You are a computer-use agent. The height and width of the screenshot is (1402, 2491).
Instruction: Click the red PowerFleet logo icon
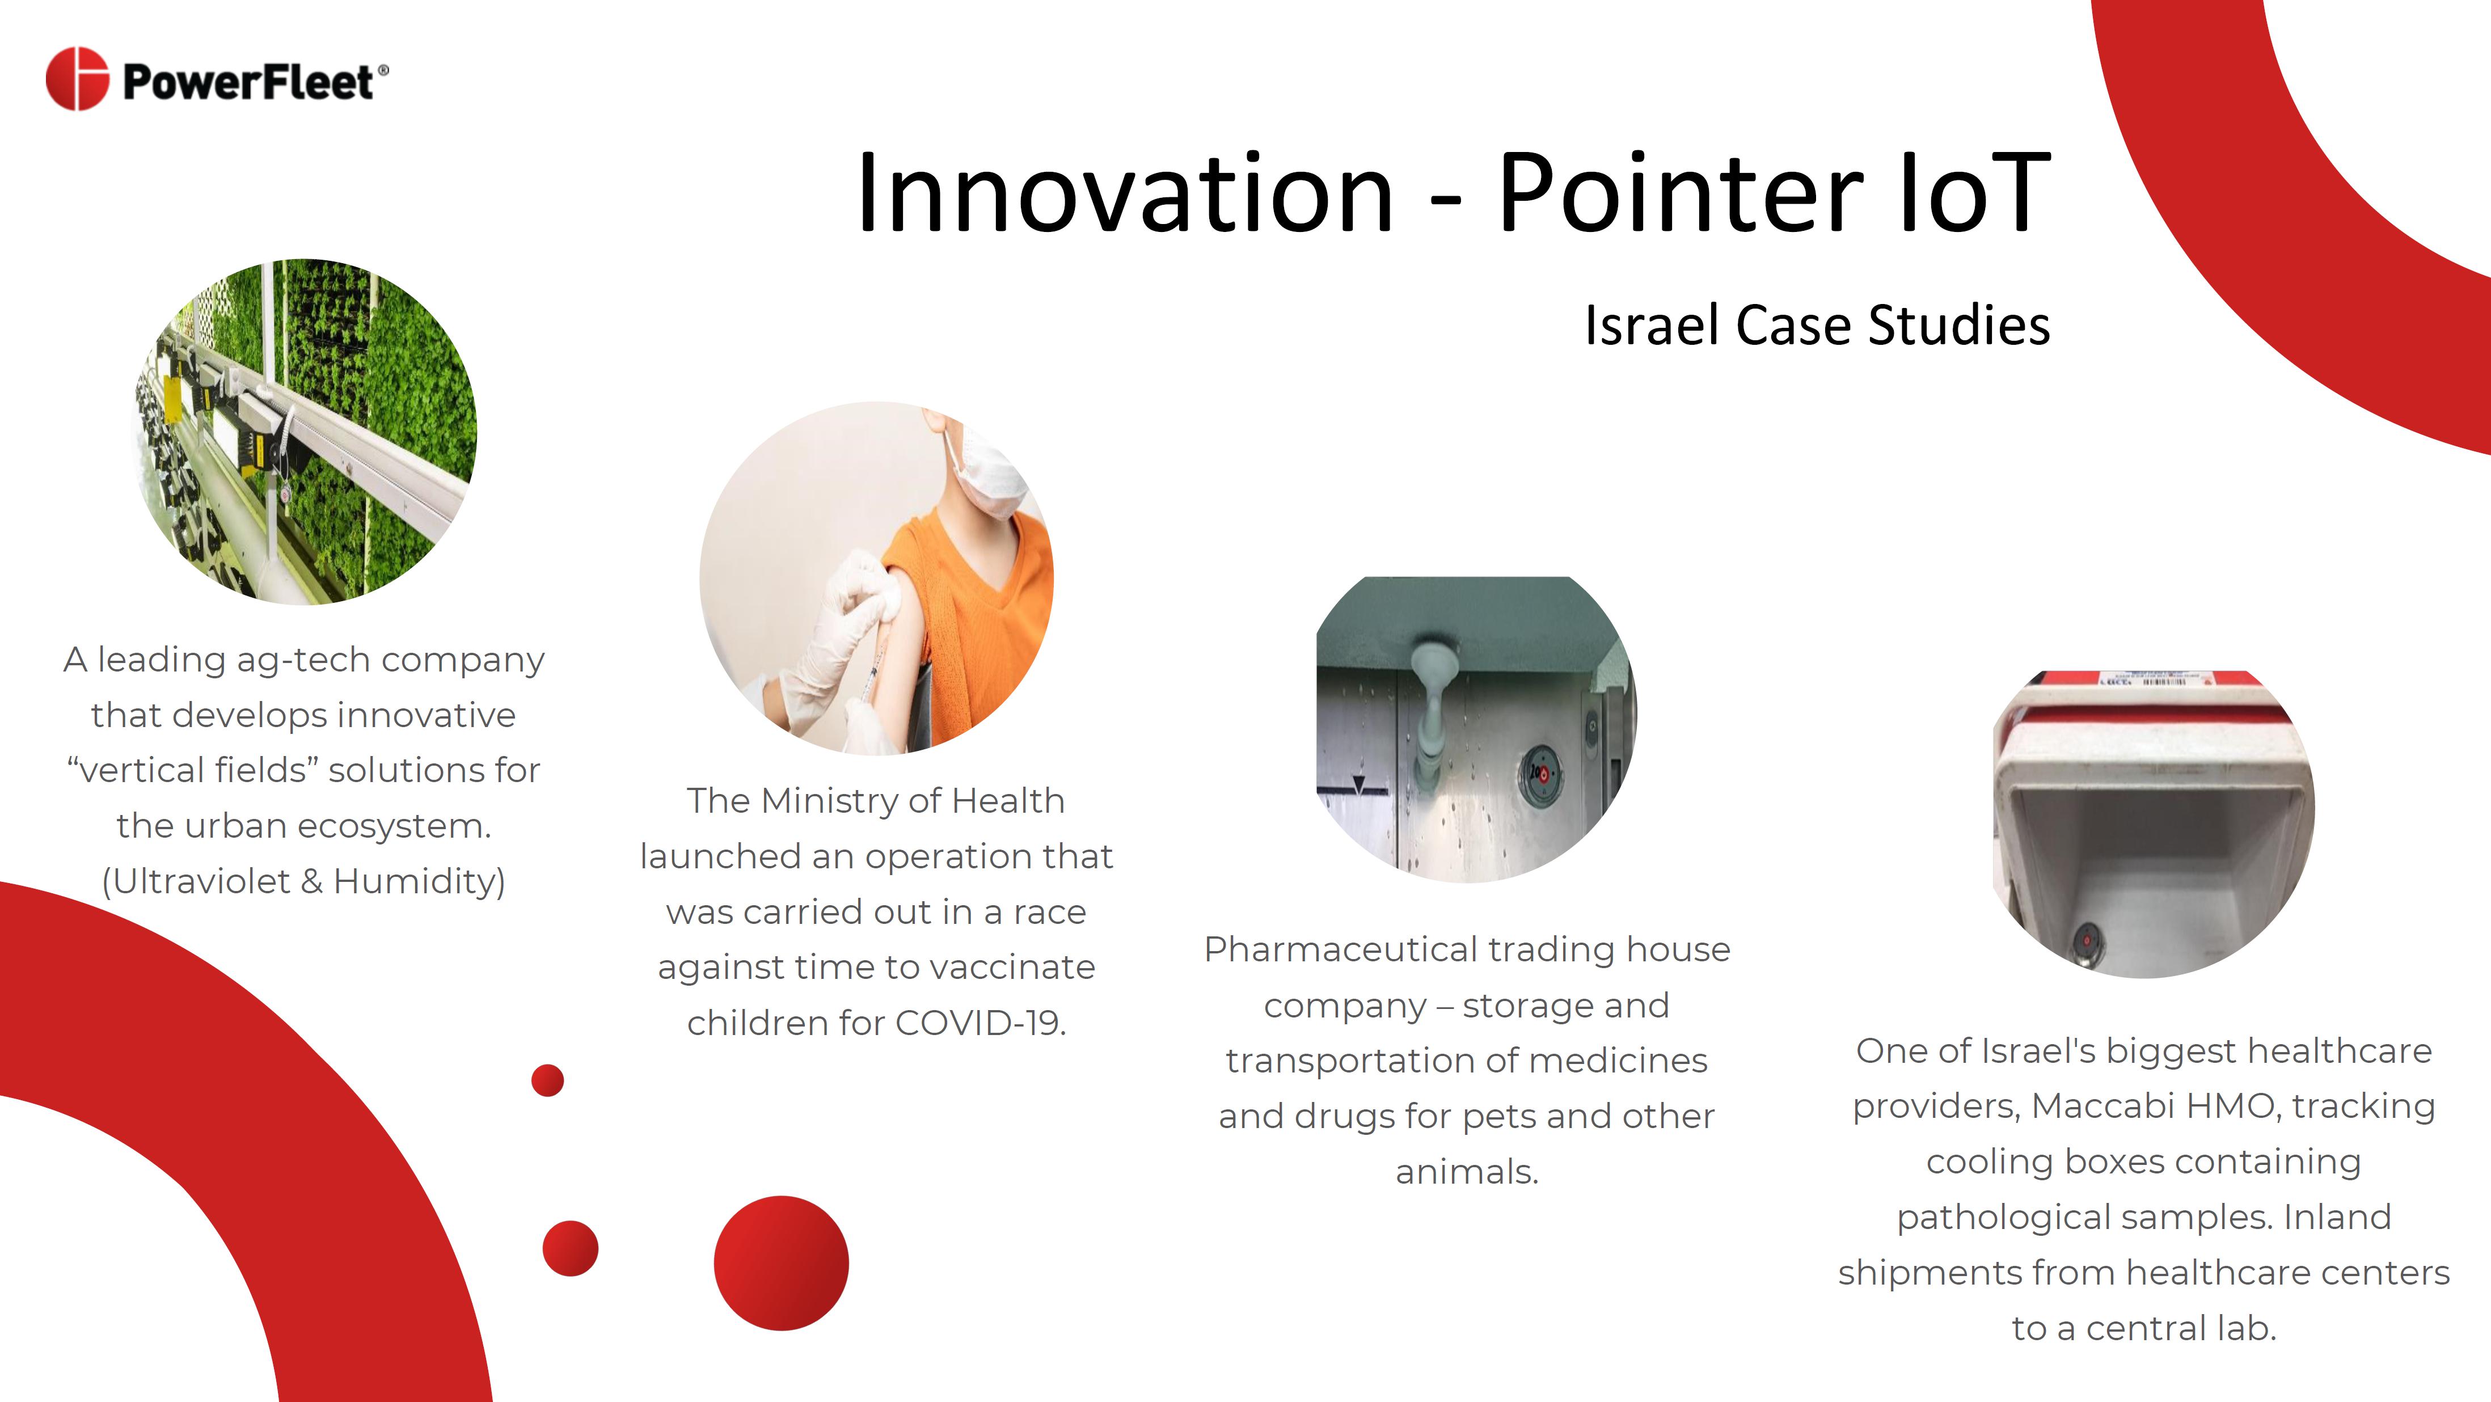point(77,78)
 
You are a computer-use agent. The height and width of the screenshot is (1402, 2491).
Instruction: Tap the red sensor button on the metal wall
point(1543,774)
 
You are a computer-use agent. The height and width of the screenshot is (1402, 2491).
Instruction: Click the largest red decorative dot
point(782,1263)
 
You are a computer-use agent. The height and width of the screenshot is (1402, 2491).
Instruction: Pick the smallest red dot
point(547,1080)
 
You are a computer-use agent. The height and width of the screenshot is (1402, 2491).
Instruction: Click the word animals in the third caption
point(1466,1172)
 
